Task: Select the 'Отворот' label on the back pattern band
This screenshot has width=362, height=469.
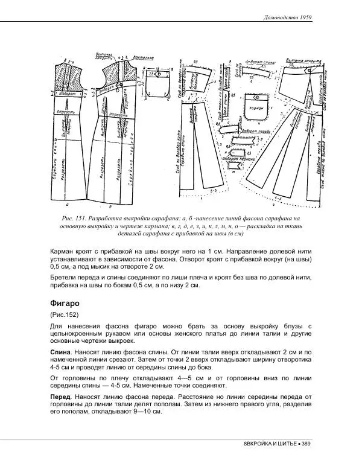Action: pyautogui.click(x=68, y=94)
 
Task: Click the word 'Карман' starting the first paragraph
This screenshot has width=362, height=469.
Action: pyautogui.click(x=62, y=249)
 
